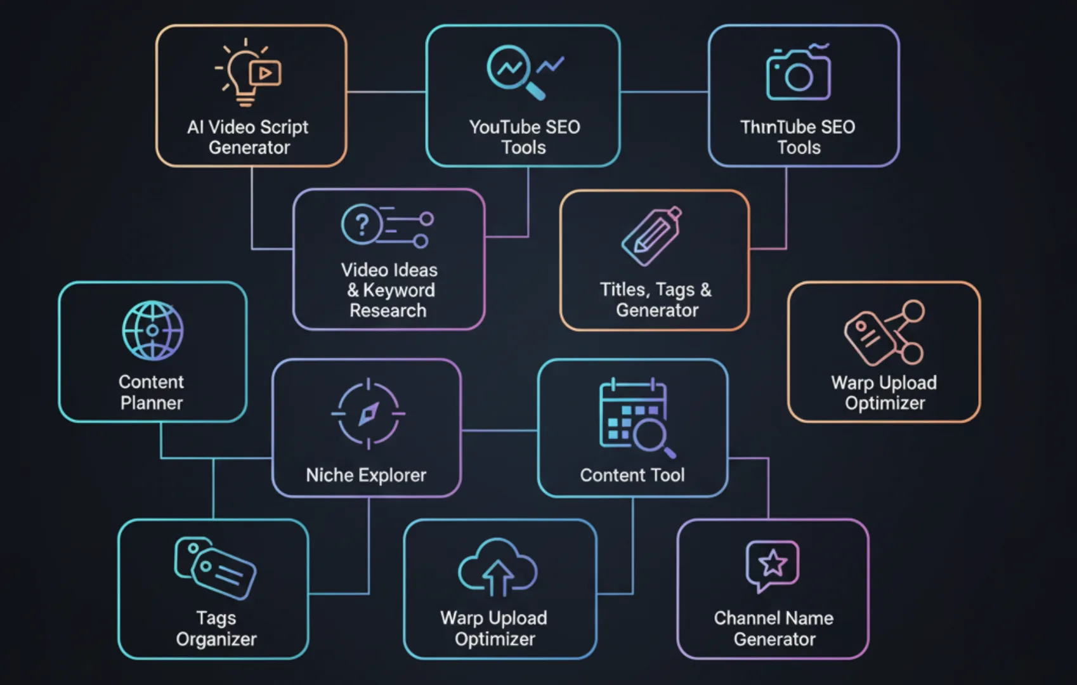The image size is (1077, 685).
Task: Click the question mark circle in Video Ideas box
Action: point(362,224)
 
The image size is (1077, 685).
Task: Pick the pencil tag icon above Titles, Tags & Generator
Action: point(652,236)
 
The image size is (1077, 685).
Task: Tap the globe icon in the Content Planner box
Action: point(152,330)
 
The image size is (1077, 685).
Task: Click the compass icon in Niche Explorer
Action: point(368,414)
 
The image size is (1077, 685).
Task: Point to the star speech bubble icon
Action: point(772,564)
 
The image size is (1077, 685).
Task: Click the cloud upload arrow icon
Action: point(497,568)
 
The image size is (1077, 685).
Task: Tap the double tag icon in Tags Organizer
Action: point(215,568)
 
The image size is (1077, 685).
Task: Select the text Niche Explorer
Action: point(366,475)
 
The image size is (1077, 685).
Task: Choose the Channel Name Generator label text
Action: point(774,628)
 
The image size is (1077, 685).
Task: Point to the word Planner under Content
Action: point(152,403)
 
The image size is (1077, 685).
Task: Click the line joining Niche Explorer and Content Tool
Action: point(500,431)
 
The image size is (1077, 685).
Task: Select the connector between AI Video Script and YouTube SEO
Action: point(386,92)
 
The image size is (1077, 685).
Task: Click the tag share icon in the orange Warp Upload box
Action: point(884,333)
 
